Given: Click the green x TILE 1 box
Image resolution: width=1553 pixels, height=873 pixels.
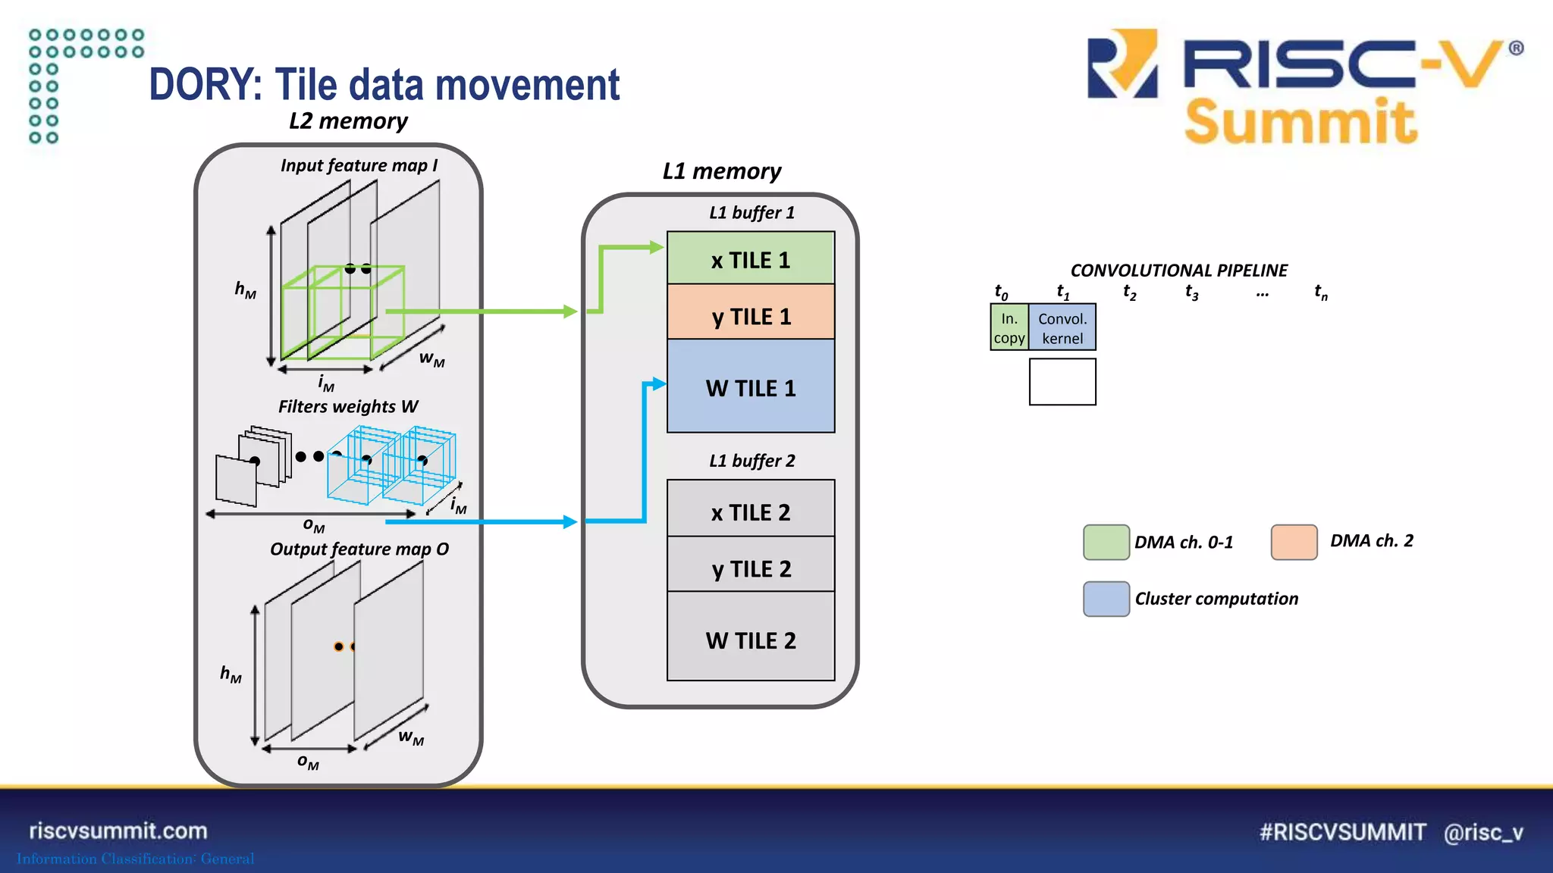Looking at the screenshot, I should [x=750, y=258].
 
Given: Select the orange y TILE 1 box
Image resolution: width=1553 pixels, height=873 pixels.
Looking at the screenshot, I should [x=750, y=312].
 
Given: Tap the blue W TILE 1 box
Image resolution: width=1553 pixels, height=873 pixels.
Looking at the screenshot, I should [x=750, y=386].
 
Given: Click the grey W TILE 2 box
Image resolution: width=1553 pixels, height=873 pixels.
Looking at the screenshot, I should [x=750, y=638].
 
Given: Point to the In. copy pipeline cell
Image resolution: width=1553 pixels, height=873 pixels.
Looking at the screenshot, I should [x=1009, y=327].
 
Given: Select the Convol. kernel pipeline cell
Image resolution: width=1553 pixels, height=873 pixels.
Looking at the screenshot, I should [x=1062, y=327].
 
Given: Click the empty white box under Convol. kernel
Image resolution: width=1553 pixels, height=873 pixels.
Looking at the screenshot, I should [x=1062, y=382].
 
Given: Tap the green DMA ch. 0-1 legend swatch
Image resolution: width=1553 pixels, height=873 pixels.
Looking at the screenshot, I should [x=1106, y=542].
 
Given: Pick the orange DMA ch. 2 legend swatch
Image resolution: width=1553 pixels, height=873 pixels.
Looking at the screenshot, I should [x=1294, y=542].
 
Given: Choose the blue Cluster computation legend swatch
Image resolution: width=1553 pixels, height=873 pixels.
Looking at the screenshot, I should [x=1106, y=599].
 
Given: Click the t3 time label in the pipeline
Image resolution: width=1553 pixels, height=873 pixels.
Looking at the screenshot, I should [x=1191, y=292].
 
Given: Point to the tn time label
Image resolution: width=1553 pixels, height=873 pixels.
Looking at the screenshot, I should [x=1320, y=292].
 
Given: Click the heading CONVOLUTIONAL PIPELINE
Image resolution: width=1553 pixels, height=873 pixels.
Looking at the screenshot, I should [x=1178, y=270].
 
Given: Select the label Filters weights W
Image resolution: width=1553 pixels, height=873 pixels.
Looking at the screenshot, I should [x=348, y=407].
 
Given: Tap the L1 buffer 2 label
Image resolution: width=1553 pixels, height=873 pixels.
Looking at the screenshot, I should [x=751, y=461].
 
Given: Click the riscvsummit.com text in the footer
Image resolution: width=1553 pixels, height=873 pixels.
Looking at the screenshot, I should [x=118, y=831].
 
